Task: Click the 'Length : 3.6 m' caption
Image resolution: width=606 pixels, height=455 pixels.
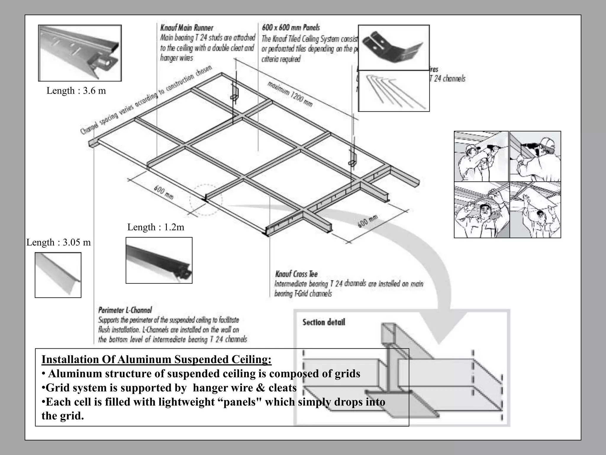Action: [76, 91]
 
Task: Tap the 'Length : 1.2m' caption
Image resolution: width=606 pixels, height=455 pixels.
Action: [156, 227]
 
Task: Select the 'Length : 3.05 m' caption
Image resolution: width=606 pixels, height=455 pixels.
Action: [59, 242]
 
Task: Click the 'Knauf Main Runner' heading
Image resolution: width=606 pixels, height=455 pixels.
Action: [187, 28]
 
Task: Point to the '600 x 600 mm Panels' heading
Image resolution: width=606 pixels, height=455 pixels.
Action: [291, 28]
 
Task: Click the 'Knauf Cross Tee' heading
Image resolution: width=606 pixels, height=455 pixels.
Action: [296, 274]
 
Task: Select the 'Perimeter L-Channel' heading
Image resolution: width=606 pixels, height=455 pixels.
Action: [125, 310]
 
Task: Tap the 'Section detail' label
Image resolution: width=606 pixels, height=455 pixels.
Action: [324, 322]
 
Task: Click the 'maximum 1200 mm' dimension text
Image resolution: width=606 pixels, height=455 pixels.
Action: [290, 94]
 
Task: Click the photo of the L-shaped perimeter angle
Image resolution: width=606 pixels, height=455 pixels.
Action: [58, 275]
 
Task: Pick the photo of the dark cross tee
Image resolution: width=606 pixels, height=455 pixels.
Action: [159, 260]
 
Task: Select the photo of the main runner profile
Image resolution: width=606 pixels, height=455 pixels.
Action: [80, 53]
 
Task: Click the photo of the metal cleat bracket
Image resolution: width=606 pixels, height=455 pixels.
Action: [394, 48]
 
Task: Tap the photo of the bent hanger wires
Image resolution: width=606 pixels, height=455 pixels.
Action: [394, 91]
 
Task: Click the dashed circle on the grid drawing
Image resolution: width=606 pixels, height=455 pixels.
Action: [206, 200]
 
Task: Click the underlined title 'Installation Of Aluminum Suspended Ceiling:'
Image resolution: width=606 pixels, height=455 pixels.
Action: [156, 359]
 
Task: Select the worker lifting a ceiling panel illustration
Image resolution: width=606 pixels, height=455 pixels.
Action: [535, 210]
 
